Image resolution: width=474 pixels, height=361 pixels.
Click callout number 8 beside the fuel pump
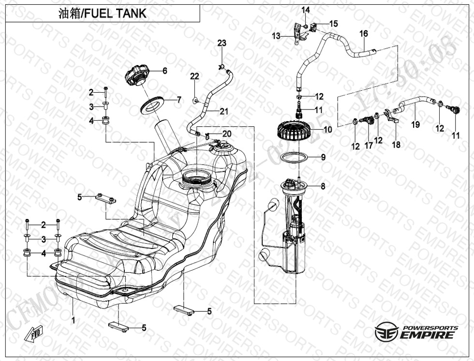(323, 186)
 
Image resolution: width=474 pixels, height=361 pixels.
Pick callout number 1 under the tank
(73, 320)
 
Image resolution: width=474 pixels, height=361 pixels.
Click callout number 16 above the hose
(364, 34)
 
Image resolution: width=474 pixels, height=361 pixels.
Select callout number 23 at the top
(222, 43)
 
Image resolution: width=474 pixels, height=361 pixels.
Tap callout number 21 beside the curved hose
(223, 111)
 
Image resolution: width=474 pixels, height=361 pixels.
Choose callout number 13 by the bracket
(276, 36)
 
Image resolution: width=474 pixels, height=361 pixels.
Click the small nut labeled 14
(307, 25)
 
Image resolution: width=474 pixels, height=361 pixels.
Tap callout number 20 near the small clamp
(227, 133)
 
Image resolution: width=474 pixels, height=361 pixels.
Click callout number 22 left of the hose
(194, 76)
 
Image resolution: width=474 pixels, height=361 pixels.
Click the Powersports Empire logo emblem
(386, 332)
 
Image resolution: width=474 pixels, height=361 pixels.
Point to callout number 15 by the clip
(334, 23)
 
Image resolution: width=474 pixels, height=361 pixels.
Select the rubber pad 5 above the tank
(105, 198)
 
